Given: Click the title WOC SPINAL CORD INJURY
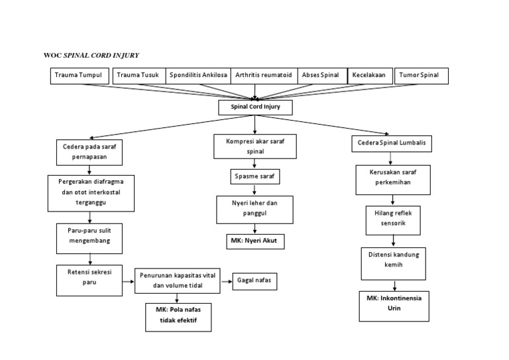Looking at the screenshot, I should point(91,54).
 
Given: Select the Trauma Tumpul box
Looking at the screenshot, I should point(78,76).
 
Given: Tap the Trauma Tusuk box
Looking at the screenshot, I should point(139,76).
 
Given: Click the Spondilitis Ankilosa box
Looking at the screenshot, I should point(198,76).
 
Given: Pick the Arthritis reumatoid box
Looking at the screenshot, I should point(264,76).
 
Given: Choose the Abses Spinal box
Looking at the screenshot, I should point(321,76).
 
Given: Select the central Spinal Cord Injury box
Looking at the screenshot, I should point(255,107).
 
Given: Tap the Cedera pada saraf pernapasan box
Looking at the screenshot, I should point(88,152).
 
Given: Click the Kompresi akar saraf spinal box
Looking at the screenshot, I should point(255,146).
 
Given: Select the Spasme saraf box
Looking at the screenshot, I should point(255,177).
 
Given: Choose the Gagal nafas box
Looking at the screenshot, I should point(254,281).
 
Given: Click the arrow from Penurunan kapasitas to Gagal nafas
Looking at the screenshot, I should point(226,282).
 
